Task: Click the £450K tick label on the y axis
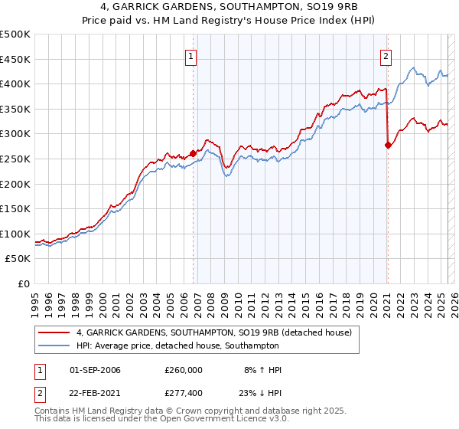coord(15,59)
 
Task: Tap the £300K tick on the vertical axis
coord(15,134)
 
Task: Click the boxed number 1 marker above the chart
coord(190,55)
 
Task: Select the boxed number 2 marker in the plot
coord(386,55)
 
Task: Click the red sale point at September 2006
coord(193,153)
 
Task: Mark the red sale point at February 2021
coord(388,145)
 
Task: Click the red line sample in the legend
coord(54,332)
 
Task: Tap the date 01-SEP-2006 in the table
coord(95,370)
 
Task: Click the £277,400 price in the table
coord(183,392)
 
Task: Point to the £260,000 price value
coord(183,370)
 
